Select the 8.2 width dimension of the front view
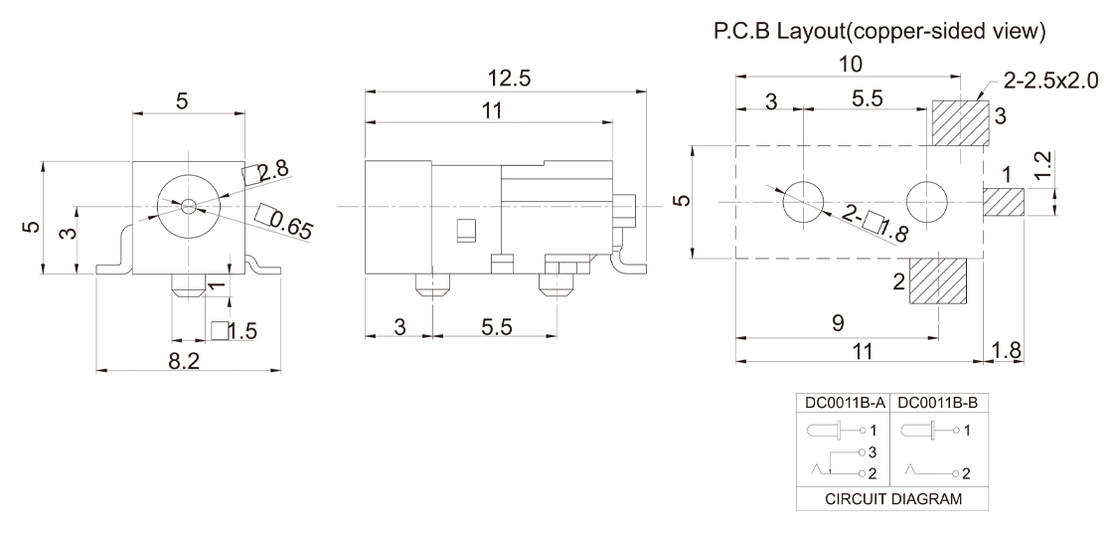(183, 361)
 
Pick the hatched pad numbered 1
(1004, 203)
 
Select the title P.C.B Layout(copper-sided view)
(879, 32)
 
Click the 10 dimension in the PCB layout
(851, 64)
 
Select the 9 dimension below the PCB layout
(838, 323)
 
